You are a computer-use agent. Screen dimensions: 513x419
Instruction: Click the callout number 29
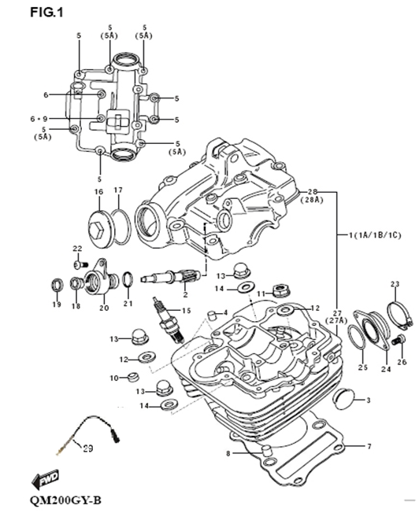pos(87,448)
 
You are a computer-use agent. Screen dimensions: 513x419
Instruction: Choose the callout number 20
pos(103,308)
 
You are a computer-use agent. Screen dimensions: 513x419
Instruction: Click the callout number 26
pos(402,362)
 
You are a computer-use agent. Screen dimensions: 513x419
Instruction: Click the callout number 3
pos(368,400)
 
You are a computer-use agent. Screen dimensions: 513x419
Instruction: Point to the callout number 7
pos(368,446)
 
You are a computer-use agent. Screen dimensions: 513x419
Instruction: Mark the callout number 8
pos(228,454)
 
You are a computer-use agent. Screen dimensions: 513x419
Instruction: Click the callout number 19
pos(56,304)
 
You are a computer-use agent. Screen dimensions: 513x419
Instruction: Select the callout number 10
pos(113,378)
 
